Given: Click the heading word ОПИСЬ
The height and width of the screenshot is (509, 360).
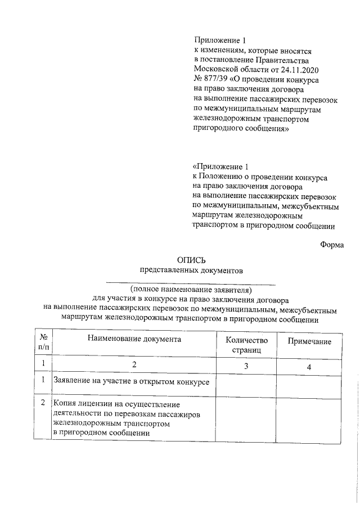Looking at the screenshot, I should (191, 260).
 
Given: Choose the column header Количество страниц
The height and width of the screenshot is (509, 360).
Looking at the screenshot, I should (246, 345).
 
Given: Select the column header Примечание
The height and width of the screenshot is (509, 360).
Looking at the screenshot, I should (309, 341).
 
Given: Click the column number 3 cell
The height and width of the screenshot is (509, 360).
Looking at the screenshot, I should (246, 366).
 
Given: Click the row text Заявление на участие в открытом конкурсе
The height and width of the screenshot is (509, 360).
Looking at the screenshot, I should (131, 382).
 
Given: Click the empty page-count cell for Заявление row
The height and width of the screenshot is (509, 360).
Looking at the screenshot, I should (246, 384).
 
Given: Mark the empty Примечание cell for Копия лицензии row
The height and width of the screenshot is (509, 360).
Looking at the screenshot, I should (309, 419).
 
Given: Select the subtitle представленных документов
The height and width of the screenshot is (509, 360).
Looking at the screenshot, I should (191, 270).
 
